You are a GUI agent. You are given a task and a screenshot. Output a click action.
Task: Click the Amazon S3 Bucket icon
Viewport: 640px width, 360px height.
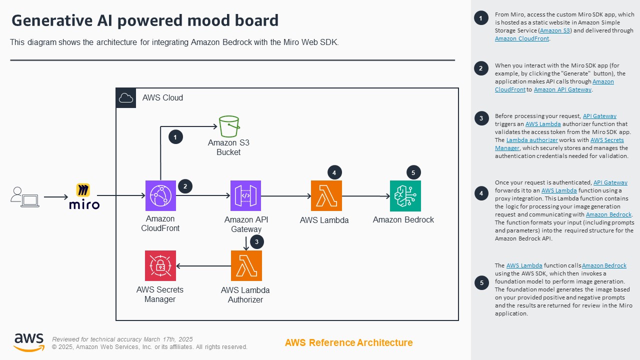[229, 126]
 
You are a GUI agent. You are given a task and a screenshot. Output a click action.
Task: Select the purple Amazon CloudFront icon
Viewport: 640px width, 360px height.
[160, 195]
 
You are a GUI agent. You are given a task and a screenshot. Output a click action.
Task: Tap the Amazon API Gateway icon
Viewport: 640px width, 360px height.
[245, 195]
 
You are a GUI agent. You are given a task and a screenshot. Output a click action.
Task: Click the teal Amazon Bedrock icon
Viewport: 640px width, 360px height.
[405, 195]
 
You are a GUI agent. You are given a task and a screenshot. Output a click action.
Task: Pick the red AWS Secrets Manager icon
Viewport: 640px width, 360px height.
[160, 265]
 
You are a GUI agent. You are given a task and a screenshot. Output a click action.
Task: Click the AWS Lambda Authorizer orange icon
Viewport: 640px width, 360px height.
[246, 265]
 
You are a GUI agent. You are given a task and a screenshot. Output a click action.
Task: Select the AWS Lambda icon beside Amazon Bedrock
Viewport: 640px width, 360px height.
[326, 195]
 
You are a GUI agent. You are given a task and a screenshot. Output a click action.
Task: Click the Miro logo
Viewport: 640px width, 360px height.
[84, 196]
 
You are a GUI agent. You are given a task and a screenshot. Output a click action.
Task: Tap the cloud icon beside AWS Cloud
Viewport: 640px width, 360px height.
[126, 98]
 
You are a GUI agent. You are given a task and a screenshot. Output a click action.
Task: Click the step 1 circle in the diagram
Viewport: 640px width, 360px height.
[175, 136]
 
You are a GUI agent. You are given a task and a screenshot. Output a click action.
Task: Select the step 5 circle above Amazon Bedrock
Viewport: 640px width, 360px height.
[413, 173]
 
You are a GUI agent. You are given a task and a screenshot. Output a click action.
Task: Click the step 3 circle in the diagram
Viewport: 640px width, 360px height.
[256, 242]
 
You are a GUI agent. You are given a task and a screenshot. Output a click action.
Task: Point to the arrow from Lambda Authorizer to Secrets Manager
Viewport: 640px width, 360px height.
[202, 266]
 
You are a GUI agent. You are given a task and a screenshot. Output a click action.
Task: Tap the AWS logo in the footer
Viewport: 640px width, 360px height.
[28, 342]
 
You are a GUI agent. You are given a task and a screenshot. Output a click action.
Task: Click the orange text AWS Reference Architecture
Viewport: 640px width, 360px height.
[348, 342]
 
